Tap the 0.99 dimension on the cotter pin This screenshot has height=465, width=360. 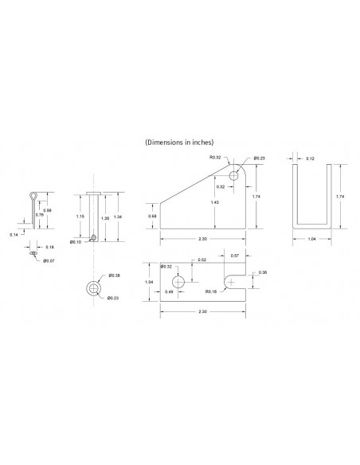[48, 210]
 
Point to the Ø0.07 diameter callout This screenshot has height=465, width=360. [49, 260]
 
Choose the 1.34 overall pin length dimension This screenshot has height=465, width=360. [118, 217]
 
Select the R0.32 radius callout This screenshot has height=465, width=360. [214, 157]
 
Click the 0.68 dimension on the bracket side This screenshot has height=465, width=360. [152, 215]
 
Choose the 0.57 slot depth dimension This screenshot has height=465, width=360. [235, 255]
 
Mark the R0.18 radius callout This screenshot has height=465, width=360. [210, 292]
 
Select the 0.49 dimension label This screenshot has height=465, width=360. [170, 292]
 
